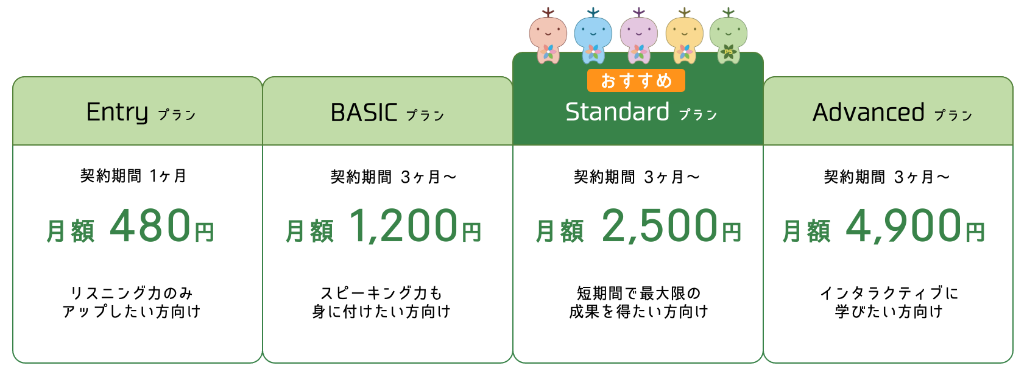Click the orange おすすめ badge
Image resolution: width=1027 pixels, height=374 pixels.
[x=636, y=80]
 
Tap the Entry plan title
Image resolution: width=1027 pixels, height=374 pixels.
[x=141, y=112]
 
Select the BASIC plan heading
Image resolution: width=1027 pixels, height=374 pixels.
[x=387, y=113]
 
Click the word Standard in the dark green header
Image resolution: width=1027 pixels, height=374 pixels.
[x=617, y=112]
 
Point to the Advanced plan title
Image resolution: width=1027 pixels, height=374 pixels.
[x=892, y=112]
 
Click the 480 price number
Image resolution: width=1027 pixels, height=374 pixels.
[x=150, y=225]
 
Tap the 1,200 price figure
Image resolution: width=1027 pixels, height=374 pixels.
[x=403, y=226]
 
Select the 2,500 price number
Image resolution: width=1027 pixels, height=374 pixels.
[x=659, y=226]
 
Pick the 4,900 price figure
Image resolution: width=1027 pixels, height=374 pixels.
[x=903, y=226]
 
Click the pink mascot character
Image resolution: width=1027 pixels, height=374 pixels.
[x=548, y=36]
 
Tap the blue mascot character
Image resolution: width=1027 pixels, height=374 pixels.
[x=593, y=36]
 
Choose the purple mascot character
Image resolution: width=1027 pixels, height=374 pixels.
[x=638, y=36]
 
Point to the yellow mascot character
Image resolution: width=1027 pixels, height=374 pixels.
[x=684, y=36]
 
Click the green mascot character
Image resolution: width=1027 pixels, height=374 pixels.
[x=728, y=36]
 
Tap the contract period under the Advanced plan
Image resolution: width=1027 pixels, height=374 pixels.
[x=886, y=177]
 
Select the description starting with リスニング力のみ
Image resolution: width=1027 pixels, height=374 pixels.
[x=132, y=302]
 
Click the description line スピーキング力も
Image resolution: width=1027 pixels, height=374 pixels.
[x=381, y=293]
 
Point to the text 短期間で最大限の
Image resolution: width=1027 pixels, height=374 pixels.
[x=638, y=293]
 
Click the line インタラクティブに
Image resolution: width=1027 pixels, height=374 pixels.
[x=889, y=293]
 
